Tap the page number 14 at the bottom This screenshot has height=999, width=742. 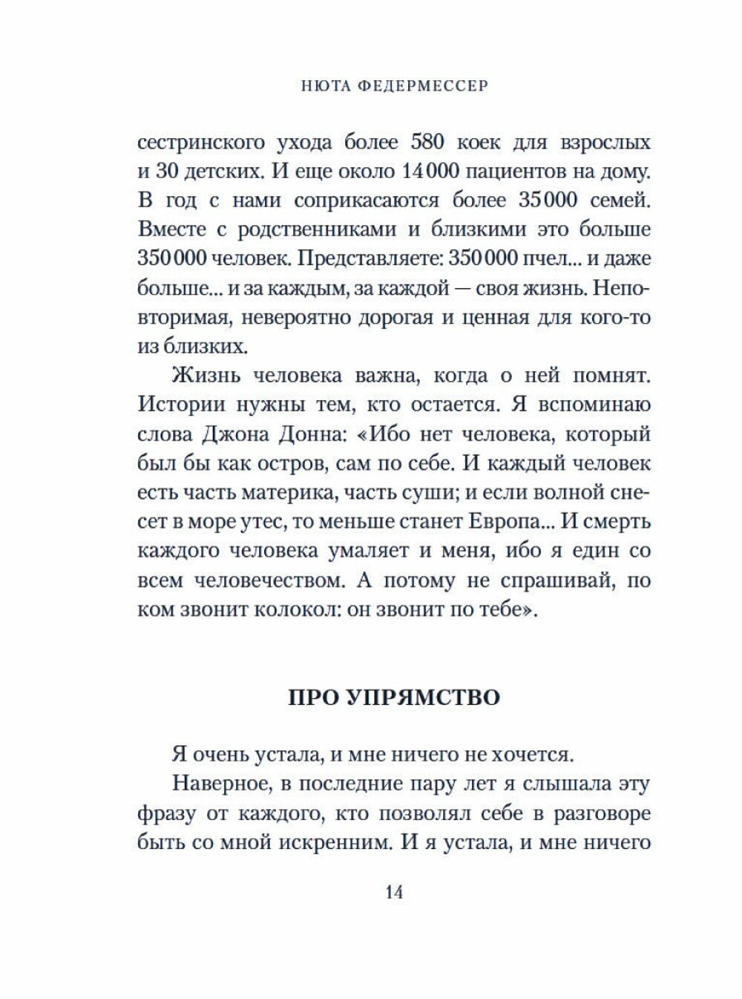394,893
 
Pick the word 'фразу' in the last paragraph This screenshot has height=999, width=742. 167,814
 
